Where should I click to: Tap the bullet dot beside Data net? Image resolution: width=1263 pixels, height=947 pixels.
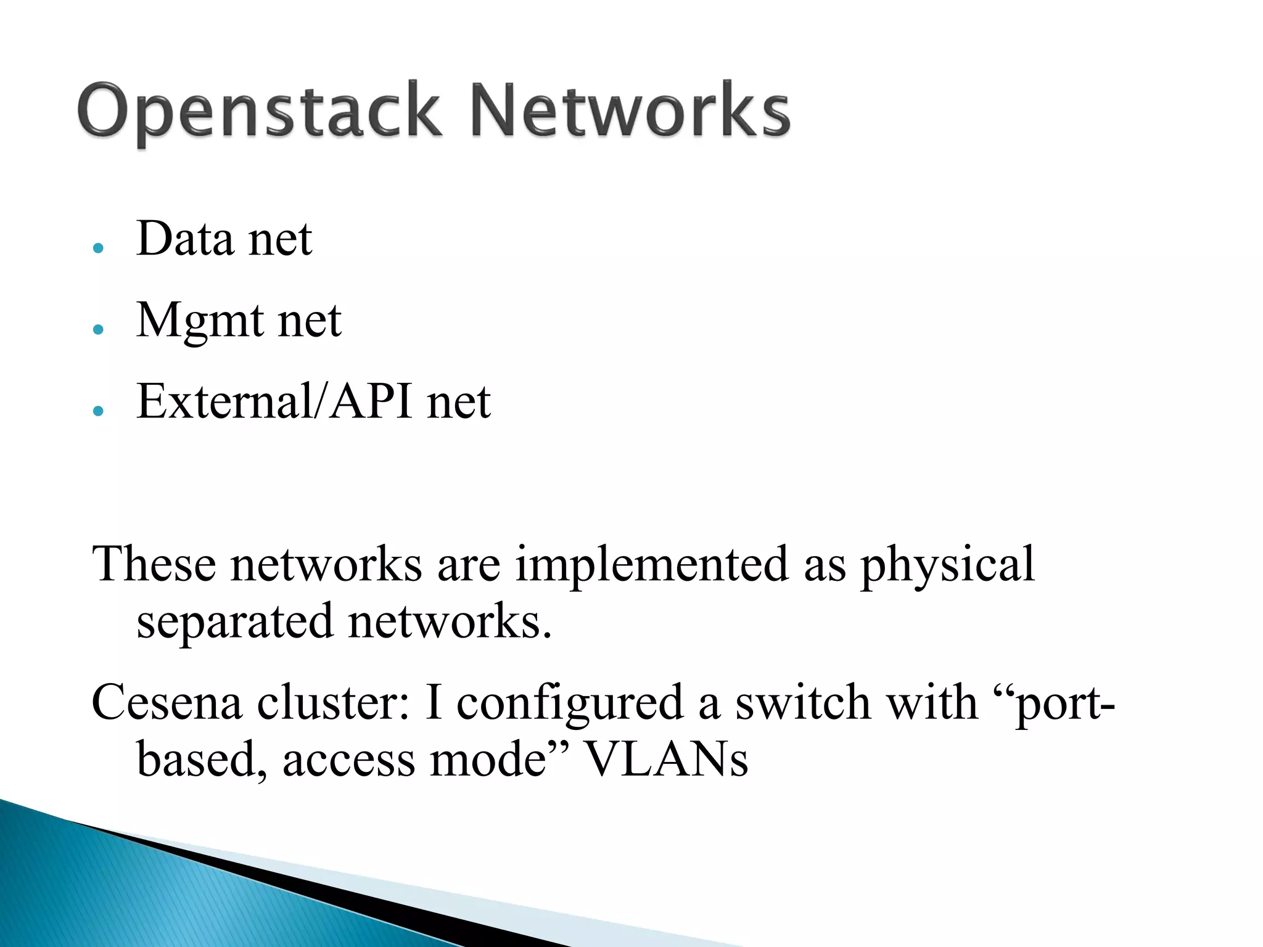(x=98, y=248)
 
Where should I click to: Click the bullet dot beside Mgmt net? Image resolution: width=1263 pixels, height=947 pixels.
(x=98, y=329)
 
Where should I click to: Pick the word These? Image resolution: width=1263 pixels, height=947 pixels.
(x=154, y=564)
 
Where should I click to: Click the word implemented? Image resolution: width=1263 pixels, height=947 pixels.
(x=651, y=564)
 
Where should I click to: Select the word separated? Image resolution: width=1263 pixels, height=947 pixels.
(x=235, y=621)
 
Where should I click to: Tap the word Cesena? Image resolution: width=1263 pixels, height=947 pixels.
(x=167, y=702)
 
